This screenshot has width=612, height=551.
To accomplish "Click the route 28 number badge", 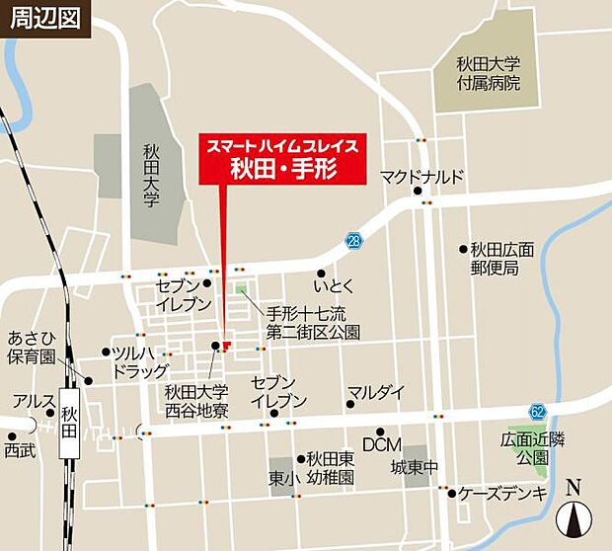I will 353,240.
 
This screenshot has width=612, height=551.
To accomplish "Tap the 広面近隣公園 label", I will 524,450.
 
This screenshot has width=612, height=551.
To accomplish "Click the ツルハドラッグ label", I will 139,361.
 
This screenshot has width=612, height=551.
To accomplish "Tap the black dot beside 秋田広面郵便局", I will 463,249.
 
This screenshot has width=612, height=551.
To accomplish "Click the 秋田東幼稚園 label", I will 330,467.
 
